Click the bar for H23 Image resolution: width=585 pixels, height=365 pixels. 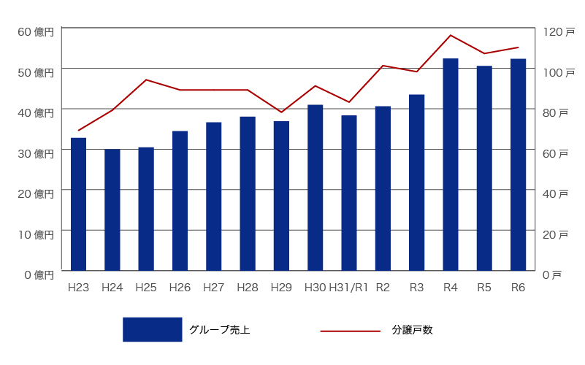click(78, 204)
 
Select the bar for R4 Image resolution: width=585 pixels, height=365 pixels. click(451, 164)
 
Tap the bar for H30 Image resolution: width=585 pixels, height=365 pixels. click(315, 188)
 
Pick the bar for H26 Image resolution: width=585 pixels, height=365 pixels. click(180, 201)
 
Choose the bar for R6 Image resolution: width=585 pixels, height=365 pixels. click(518, 164)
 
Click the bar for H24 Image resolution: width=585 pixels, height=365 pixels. click(112, 210)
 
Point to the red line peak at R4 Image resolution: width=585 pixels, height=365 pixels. click(451, 35)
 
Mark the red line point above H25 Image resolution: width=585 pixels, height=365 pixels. click(146, 80)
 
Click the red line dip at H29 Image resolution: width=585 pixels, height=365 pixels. click(281, 112)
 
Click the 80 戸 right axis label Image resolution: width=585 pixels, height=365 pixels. click(554, 113)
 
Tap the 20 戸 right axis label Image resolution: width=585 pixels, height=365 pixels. click(554, 234)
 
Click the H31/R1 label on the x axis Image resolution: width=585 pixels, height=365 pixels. click(348, 288)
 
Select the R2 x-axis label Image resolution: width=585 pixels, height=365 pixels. click(383, 288)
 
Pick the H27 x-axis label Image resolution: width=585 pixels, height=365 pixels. click(213, 288)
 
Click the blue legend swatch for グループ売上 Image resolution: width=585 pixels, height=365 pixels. click(152, 329)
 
